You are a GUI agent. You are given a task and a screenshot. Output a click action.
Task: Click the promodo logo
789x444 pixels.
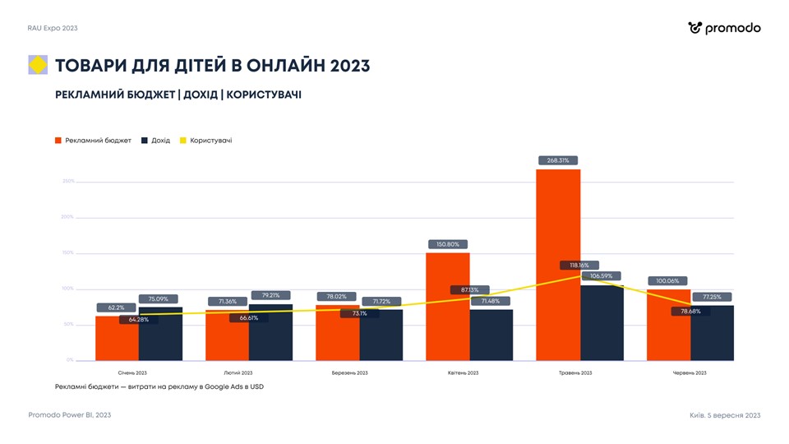[x=724, y=28]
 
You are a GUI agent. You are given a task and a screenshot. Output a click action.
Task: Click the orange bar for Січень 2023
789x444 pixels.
[x=117, y=341]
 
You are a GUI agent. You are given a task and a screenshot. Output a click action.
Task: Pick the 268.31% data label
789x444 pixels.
[x=558, y=160]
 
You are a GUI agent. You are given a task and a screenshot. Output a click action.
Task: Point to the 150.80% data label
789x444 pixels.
[x=448, y=244]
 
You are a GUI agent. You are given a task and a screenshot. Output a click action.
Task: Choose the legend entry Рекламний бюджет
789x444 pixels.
[x=93, y=141]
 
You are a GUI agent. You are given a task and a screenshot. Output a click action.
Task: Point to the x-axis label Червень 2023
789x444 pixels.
[x=690, y=372]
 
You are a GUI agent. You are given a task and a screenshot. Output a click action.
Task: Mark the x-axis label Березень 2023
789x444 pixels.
[x=349, y=372]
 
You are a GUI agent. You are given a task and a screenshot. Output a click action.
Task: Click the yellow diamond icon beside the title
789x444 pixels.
[x=38, y=65]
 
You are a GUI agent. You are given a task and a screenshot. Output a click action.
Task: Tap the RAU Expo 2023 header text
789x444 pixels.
[x=53, y=28]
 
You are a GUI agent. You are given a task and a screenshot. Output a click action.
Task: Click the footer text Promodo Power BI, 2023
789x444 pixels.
[x=70, y=415]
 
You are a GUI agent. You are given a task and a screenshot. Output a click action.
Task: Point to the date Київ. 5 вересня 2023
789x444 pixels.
[x=725, y=415]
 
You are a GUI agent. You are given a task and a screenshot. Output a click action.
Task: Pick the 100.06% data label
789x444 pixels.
[x=668, y=281]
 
